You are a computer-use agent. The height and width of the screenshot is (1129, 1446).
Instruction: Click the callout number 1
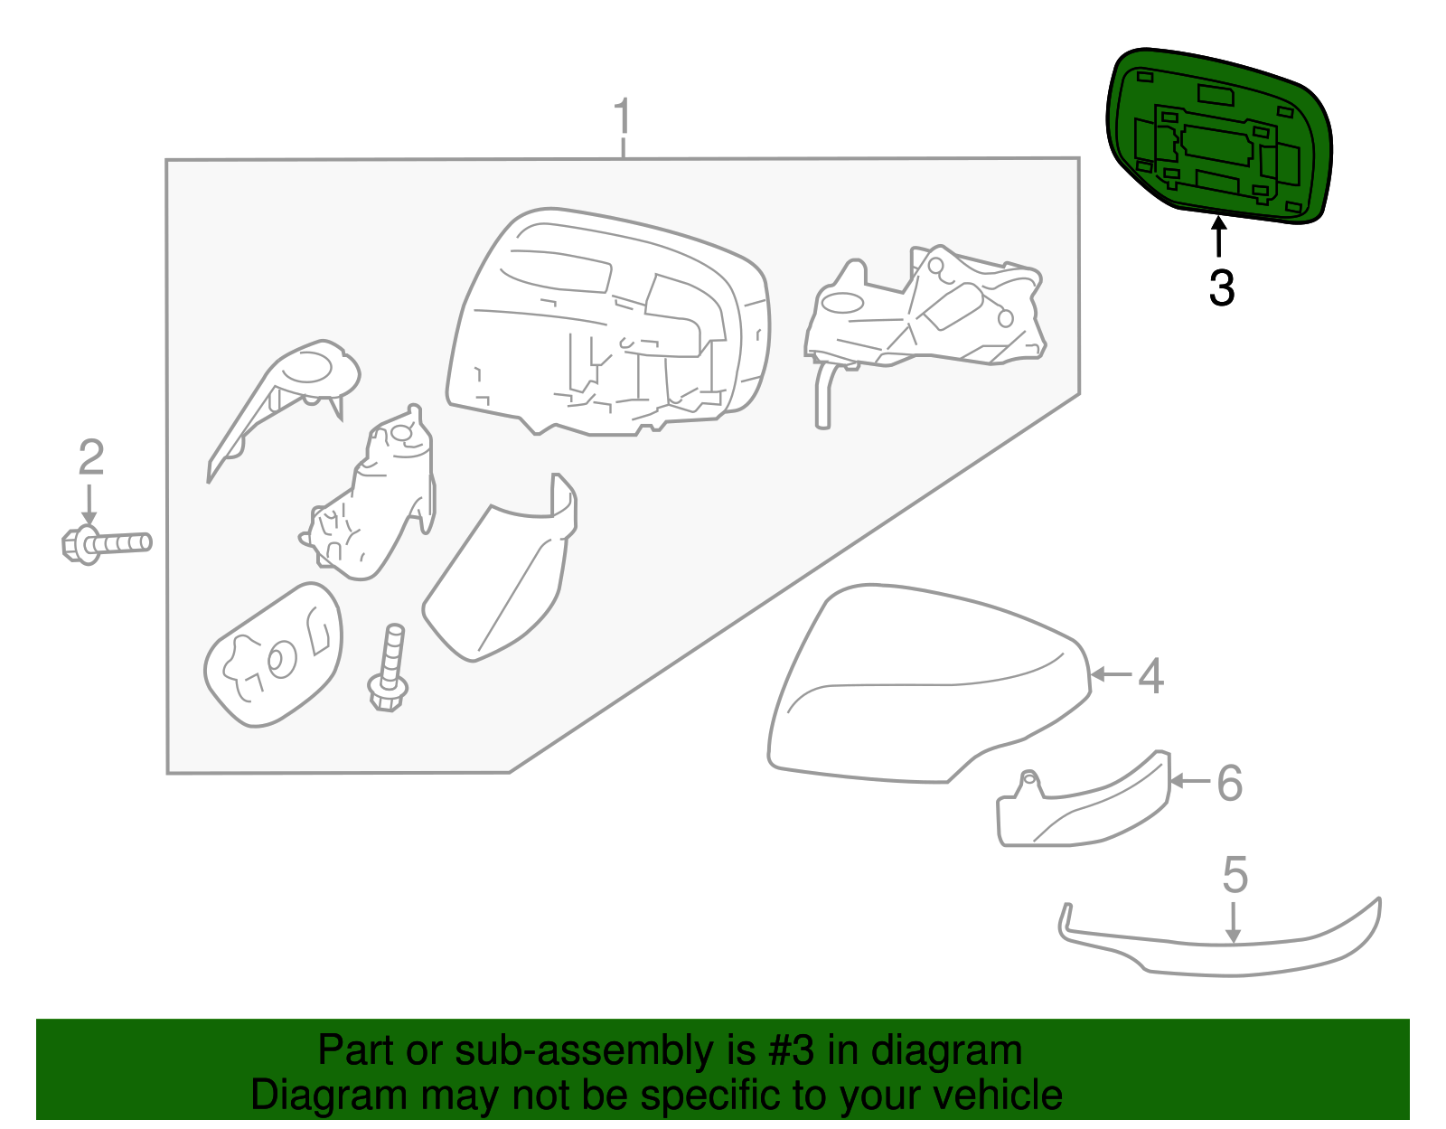pyautogui.click(x=622, y=118)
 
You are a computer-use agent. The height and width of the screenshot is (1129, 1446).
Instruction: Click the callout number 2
pyautogui.click(x=91, y=458)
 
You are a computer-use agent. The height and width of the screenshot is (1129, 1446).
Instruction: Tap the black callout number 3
pyautogui.click(x=1221, y=288)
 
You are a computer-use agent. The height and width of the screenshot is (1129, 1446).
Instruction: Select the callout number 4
pyautogui.click(x=1150, y=676)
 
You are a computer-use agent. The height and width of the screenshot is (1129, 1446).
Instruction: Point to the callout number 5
pyautogui.click(x=1235, y=875)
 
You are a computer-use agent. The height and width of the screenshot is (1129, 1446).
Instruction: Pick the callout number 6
pyautogui.click(x=1230, y=783)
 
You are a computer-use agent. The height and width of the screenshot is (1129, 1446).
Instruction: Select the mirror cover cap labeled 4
pyautogui.click(x=922, y=687)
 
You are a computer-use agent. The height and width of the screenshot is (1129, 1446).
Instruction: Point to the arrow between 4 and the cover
pyautogui.click(x=1111, y=674)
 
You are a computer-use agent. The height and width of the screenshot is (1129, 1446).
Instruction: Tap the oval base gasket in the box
pyautogui.click(x=273, y=654)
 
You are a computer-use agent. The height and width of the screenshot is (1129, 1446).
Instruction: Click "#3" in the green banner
pyautogui.click(x=791, y=1051)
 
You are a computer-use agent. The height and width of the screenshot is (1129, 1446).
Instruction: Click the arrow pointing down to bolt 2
pyautogui.click(x=89, y=503)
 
